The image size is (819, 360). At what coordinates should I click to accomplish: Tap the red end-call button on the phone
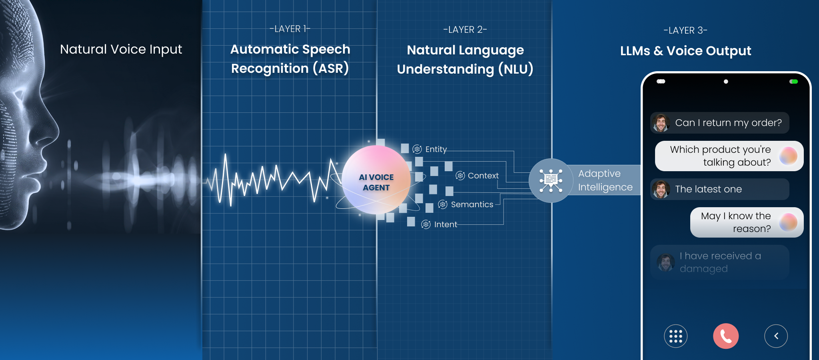[x=726, y=336]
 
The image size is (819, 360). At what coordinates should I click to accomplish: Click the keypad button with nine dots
[x=676, y=336]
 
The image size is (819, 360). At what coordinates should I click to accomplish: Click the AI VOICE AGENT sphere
[x=376, y=180]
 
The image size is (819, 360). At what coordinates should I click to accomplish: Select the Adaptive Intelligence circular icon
[x=551, y=180]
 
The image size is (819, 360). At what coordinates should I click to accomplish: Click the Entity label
[x=436, y=149]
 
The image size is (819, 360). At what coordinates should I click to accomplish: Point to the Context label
[x=483, y=176]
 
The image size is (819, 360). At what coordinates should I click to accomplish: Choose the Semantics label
[x=472, y=204]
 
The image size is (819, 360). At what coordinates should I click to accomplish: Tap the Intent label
[x=445, y=224]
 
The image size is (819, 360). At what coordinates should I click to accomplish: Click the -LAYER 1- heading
[x=290, y=29]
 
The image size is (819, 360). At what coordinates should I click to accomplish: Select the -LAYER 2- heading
[x=465, y=30]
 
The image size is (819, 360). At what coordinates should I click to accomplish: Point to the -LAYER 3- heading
[x=685, y=30]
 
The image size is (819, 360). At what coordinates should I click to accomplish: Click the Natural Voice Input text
[x=121, y=49]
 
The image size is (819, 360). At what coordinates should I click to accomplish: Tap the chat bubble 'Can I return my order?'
[x=720, y=123]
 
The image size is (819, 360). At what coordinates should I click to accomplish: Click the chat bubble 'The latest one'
[x=720, y=189]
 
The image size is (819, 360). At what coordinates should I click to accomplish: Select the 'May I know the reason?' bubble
[x=747, y=222]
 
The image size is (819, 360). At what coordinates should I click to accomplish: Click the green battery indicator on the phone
[x=794, y=82]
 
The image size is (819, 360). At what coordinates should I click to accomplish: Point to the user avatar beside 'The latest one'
[x=661, y=189]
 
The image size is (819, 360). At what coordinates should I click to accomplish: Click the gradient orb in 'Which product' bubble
[x=788, y=156]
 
